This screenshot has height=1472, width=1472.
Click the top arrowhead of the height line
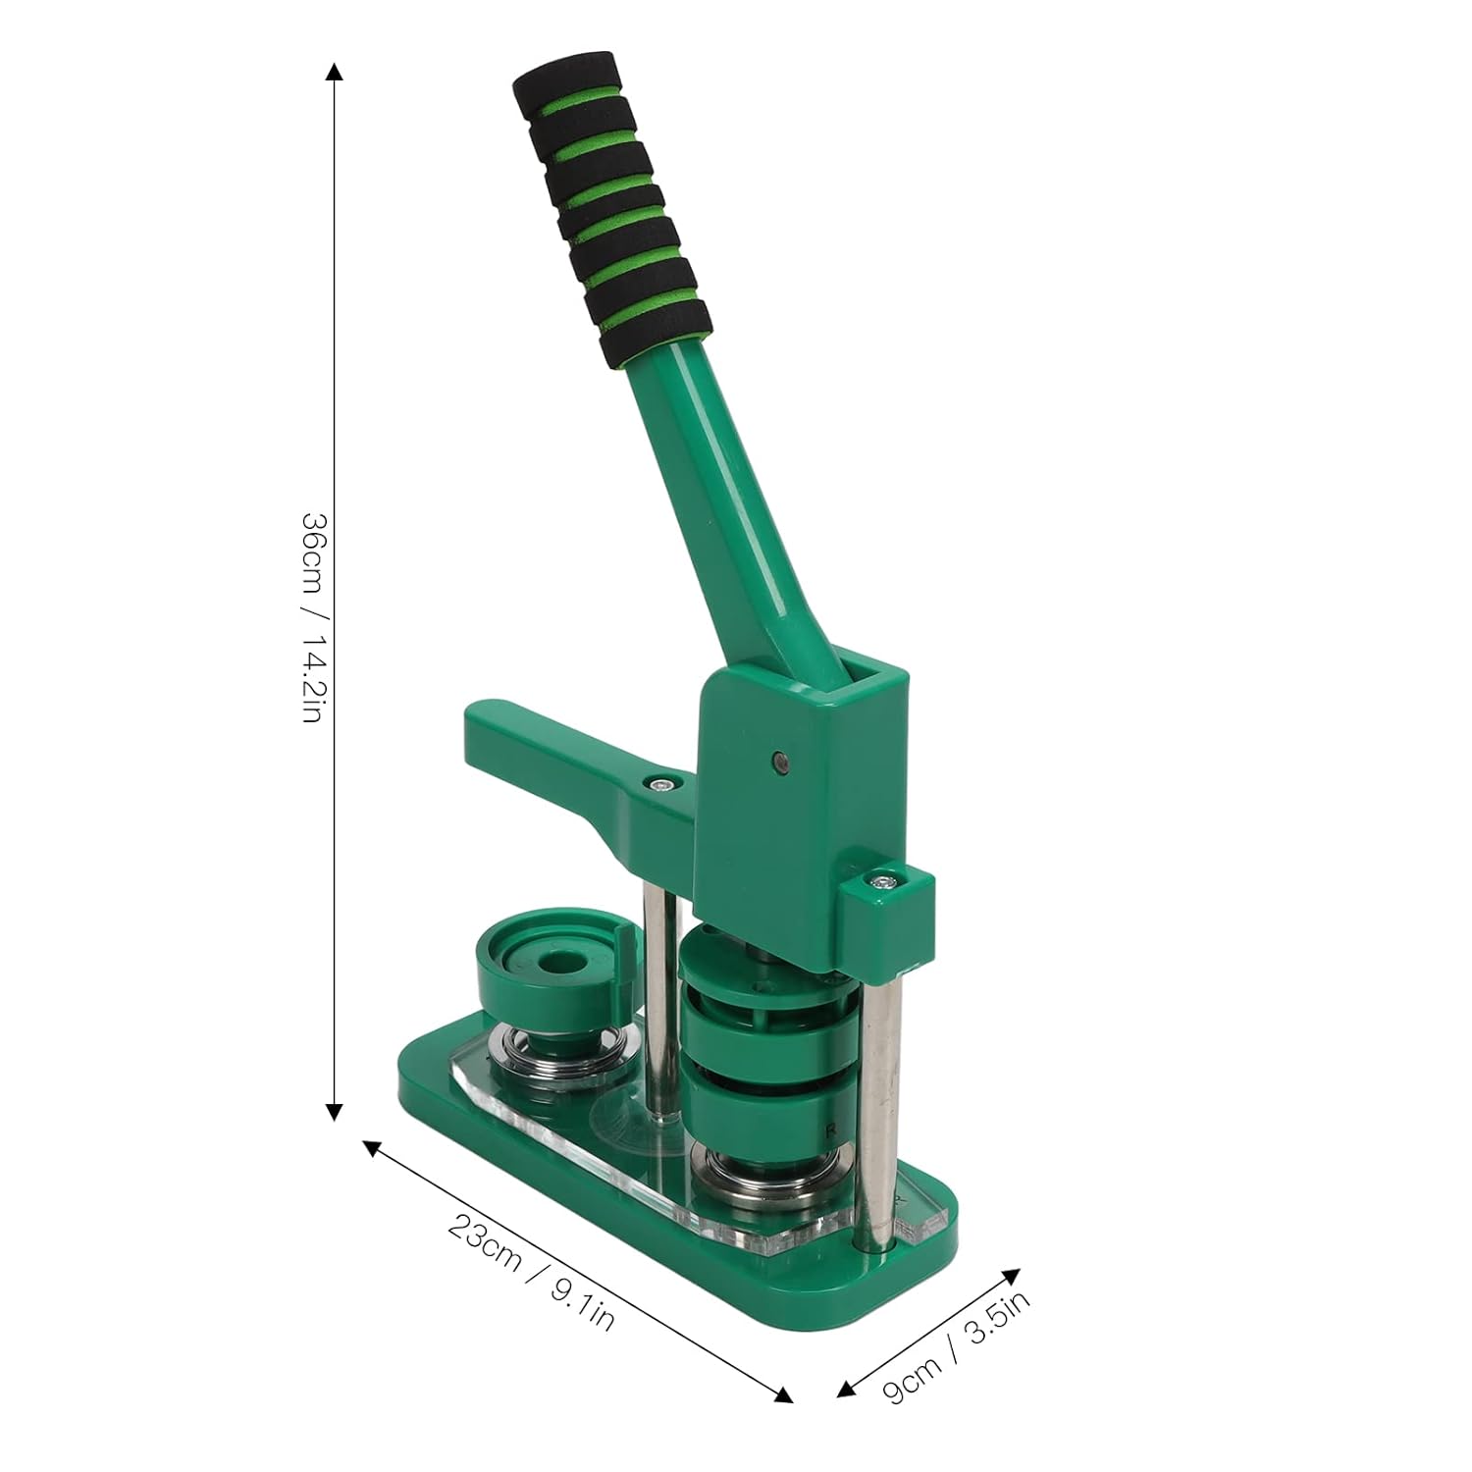pos(335,73)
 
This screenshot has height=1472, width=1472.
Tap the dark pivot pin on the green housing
pos(780,759)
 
